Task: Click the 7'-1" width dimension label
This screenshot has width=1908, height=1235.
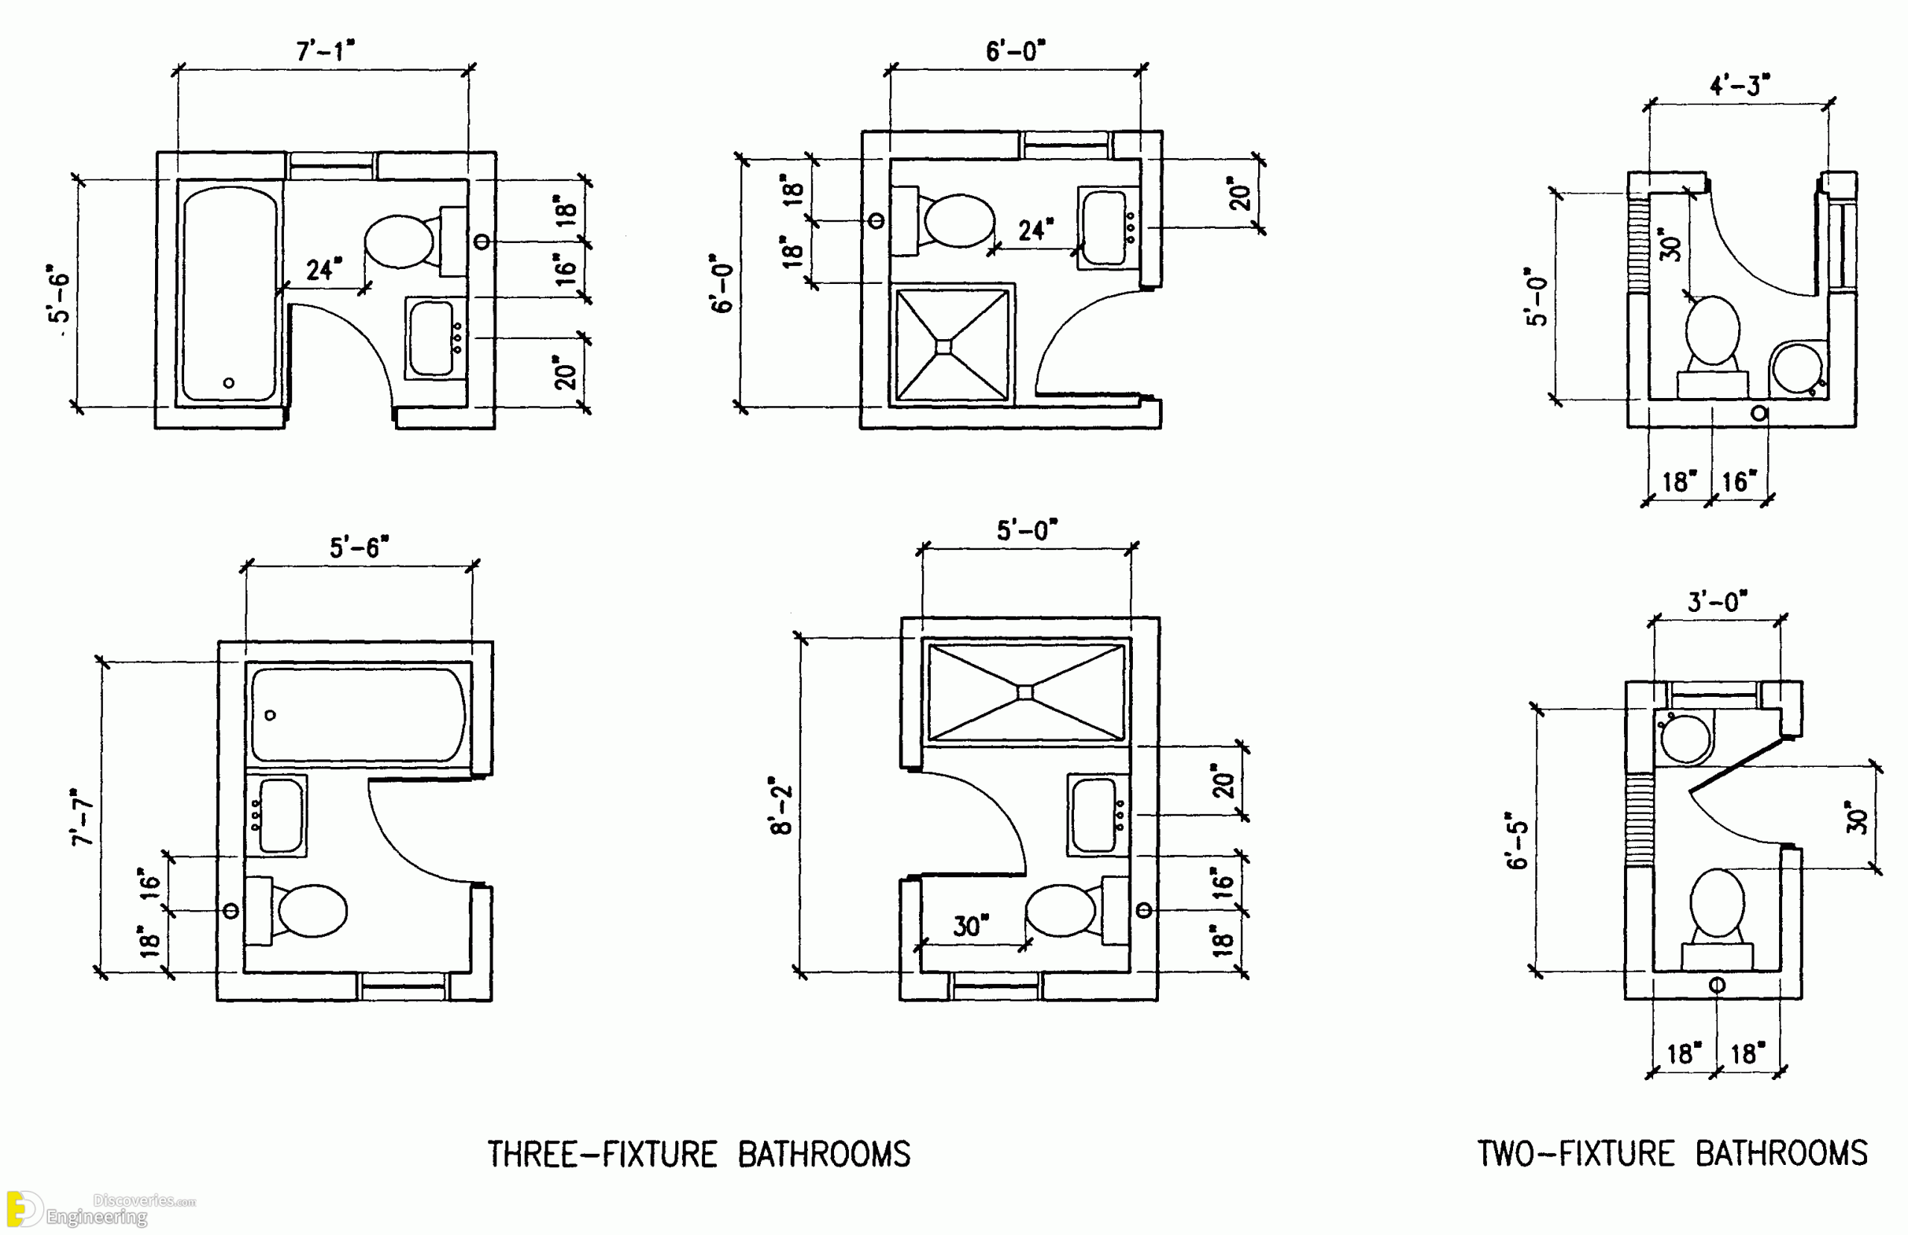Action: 325,51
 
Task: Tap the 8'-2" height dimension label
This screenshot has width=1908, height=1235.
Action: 782,805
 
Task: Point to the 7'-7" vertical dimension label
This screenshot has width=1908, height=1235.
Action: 83,817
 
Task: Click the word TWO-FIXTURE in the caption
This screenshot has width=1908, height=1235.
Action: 1576,1154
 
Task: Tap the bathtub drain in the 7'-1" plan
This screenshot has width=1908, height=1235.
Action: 230,383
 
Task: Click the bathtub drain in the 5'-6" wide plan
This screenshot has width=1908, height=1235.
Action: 270,715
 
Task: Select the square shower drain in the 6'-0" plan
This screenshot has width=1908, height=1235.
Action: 944,347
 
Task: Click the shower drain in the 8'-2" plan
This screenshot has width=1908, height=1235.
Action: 1026,692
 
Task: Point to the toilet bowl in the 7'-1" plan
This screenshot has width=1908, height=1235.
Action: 399,241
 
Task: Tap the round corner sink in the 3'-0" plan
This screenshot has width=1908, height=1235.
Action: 1684,739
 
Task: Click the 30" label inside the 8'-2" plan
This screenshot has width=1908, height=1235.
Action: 970,926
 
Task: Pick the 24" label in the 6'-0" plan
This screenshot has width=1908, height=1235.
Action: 1035,231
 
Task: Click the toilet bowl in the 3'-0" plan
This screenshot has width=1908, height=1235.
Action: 1717,903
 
